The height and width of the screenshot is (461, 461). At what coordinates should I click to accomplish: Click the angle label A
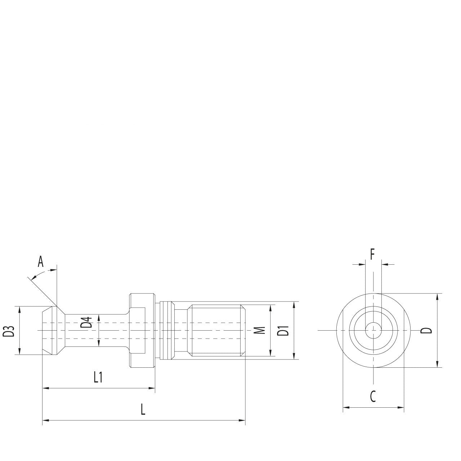click(x=41, y=261)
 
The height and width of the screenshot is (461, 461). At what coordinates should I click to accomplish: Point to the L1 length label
click(x=98, y=377)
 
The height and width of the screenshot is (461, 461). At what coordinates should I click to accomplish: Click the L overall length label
click(x=143, y=409)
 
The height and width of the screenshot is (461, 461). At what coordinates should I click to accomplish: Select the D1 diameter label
click(x=285, y=331)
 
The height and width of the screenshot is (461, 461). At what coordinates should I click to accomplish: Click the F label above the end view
click(x=372, y=255)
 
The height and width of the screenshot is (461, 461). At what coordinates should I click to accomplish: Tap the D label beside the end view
click(x=426, y=330)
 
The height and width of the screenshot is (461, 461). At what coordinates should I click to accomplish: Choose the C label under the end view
click(x=373, y=397)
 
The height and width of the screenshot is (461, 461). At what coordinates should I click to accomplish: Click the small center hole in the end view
click(x=373, y=330)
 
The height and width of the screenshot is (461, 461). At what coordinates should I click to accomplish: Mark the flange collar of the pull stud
click(x=142, y=330)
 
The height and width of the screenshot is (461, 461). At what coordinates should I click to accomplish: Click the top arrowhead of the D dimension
click(x=437, y=296)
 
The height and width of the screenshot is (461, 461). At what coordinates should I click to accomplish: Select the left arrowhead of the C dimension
click(x=346, y=408)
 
